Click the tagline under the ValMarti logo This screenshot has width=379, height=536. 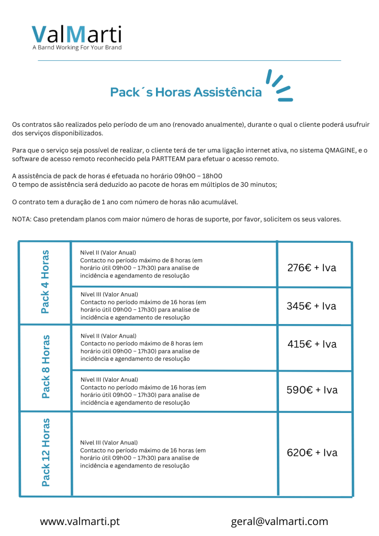[x=76, y=48]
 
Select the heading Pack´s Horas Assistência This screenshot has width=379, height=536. [x=186, y=92]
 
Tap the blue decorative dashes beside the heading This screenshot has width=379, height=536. [x=278, y=85]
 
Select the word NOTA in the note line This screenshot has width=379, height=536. [x=21, y=219]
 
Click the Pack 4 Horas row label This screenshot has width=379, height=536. [x=46, y=282]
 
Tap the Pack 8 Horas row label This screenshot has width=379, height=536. [x=46, y=366]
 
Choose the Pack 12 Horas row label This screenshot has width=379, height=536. [x=46, y=452]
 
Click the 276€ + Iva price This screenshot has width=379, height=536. [x=312, y=268]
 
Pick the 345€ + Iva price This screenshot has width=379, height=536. [x=311, y=306]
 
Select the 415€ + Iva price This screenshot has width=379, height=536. [x=312, y=344]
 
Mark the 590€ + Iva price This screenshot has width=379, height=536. [x=312, y=390]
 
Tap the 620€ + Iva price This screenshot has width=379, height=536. [x=312, y=453]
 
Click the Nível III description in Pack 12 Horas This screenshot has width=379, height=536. [x=143, y=454]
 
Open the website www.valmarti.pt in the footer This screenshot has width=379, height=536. [x=80, y=521]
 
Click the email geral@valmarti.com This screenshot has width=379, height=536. [x=280, y=521]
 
